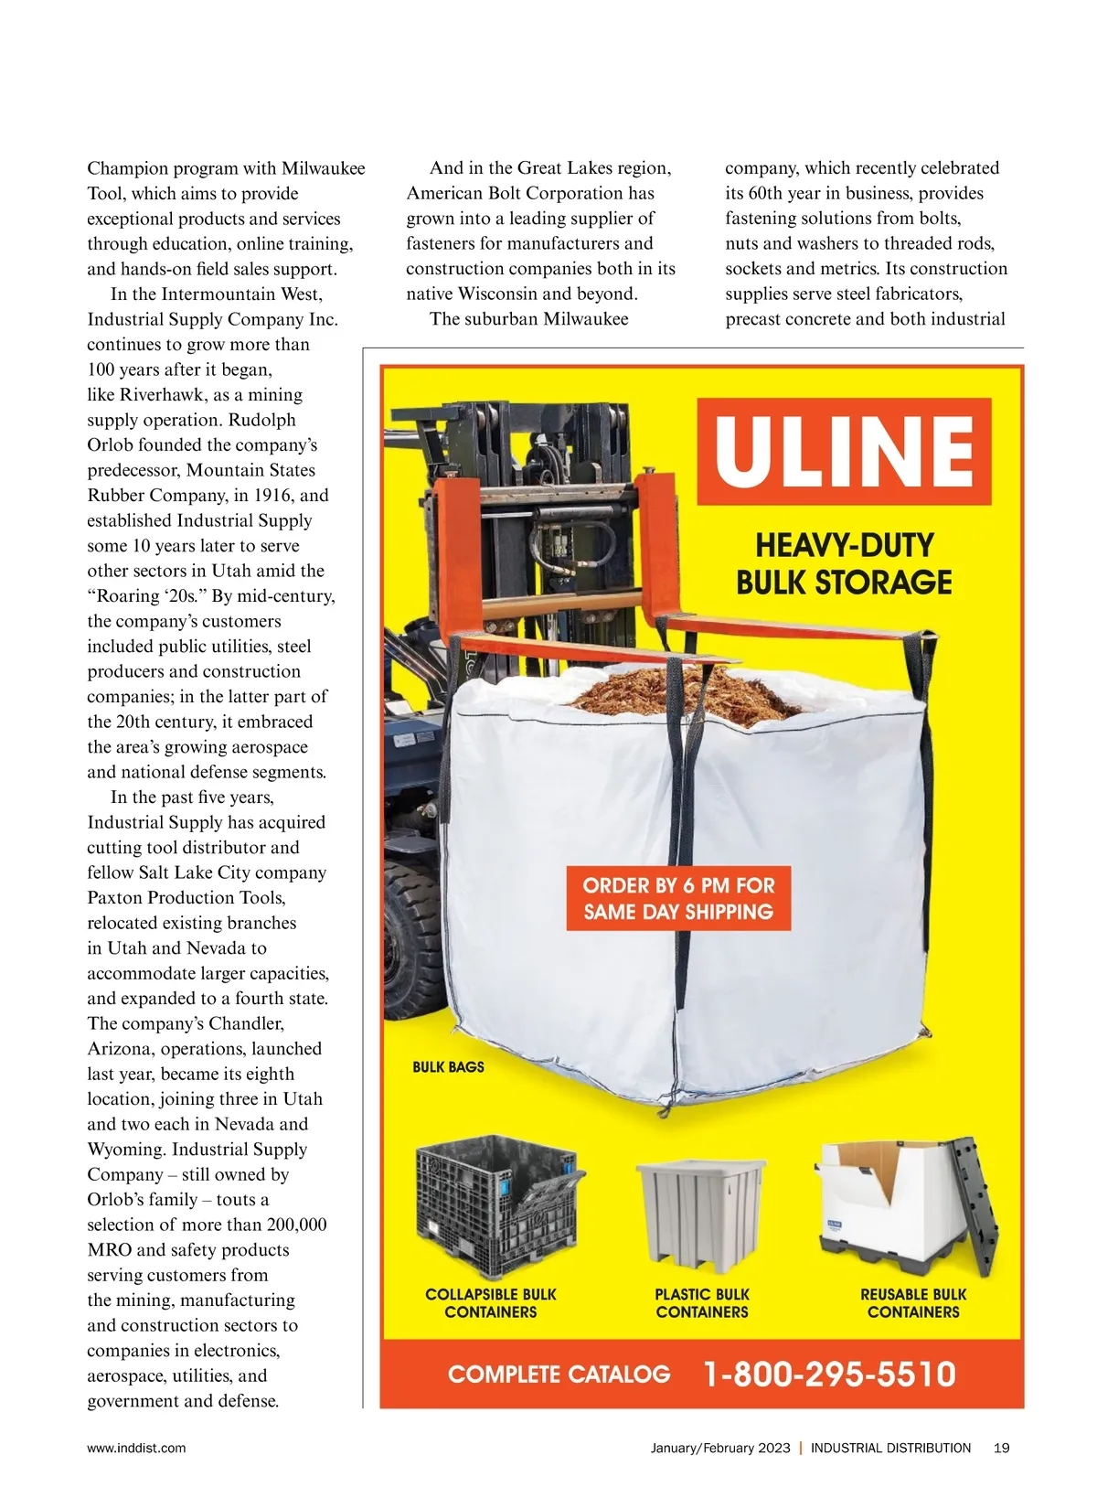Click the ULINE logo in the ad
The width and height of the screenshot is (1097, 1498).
(x=844, y=451)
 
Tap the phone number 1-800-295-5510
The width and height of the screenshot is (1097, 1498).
(x=829, y=1375)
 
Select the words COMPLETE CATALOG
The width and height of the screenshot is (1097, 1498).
(x=559, y=1375)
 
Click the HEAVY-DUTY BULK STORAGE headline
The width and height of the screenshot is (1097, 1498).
(x=844, y=563)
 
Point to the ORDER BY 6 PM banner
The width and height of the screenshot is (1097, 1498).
(x=678, y=898)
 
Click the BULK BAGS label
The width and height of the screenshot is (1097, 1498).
(x=448, y=1066)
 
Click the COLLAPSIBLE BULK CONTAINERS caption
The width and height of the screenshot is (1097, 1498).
(x=491, y=1303)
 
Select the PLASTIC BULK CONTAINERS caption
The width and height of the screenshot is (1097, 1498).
(x=702, y=1303)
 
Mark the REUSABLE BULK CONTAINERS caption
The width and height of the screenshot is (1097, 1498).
(x=913, y=1303)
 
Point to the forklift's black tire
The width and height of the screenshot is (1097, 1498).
(x=409, y=942)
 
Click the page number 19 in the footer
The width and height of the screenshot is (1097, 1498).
(x=1001, y=1448)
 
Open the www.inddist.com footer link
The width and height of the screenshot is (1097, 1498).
(x=136, y=1448)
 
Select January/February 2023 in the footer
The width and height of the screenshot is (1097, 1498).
(x=720, y=1448)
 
